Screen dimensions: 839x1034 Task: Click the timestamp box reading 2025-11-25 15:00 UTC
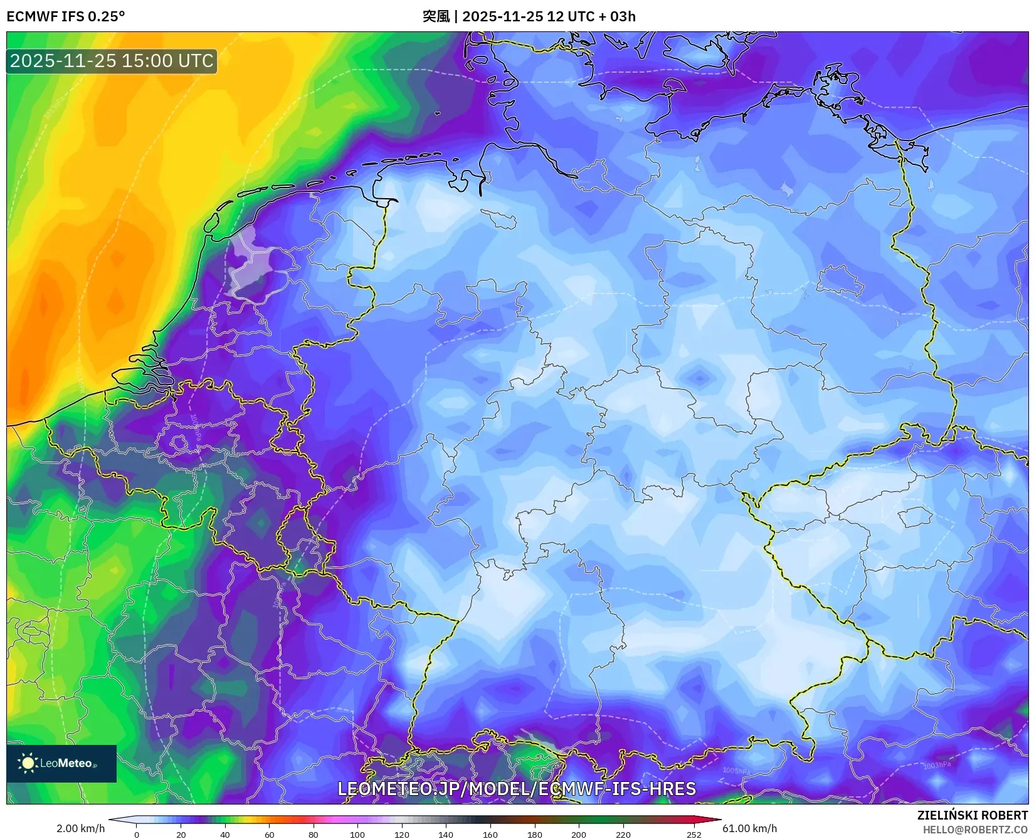[112, 61]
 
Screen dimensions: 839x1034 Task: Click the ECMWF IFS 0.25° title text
[65, 16]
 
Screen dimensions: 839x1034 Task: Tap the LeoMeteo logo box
[61, 763]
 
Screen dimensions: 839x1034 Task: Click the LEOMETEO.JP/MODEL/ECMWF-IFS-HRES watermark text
[517, 788]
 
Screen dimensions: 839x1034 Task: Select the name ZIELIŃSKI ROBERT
[973, 815]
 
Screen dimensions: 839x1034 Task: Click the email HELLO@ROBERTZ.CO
[975, 830]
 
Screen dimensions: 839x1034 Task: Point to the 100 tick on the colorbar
[357, 834]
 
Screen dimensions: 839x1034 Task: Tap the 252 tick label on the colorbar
[694, 835]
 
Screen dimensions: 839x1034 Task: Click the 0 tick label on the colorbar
[137, 835]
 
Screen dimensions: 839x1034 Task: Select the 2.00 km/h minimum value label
[80, 828]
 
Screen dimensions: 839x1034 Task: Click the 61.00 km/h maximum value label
[749, 828]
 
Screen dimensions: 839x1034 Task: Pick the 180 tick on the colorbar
[535, 834]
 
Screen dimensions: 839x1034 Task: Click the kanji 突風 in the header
[436, 16]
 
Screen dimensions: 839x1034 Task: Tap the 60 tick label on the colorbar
[269, 835]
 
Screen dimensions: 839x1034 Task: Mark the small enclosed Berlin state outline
[840, 280]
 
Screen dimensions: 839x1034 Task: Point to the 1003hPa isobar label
[936, 765]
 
